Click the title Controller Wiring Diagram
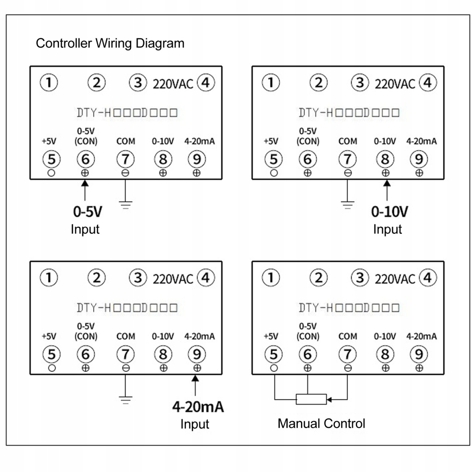click(110, 43)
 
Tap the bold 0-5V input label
click(88, 212)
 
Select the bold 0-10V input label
click(389, 212)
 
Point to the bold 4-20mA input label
click(198, 407)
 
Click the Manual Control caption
click(321, 424)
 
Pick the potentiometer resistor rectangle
click(311, 399)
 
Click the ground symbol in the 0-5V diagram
click(125, 205)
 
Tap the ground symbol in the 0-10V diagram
click(348, 205)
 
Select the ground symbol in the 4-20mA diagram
click(125, 400)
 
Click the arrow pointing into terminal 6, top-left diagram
click(85, 190)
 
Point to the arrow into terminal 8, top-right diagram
click(387, 190)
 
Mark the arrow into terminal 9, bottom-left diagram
click(195, 385)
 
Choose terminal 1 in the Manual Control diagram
click(271, 277)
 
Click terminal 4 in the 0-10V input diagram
click(428, 83)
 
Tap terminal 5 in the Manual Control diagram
click(274, 354)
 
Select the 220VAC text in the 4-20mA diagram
click(173, 279)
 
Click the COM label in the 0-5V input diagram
click(125, 141)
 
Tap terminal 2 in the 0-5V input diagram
click(97, 83)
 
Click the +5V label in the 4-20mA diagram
click(49, 336)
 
